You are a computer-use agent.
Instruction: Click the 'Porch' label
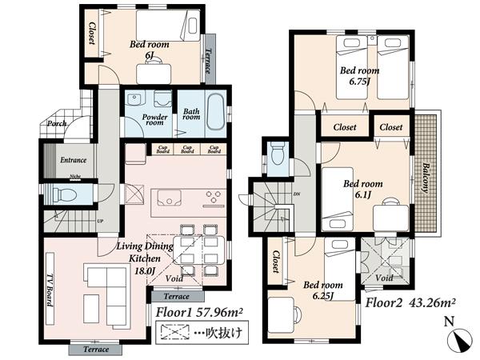point(56,123)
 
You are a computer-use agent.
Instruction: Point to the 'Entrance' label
point(74,159)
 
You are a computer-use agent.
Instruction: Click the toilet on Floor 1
point(63,194)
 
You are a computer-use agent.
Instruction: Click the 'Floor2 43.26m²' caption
point(410,303)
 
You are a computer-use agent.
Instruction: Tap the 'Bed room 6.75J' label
point(359,75)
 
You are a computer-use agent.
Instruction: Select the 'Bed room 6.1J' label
point(362,189)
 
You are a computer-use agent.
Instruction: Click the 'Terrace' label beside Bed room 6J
point(209,62)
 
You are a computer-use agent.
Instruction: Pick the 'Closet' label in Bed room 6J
point(92,34)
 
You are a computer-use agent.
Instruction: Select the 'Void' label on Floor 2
point(384,278)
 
